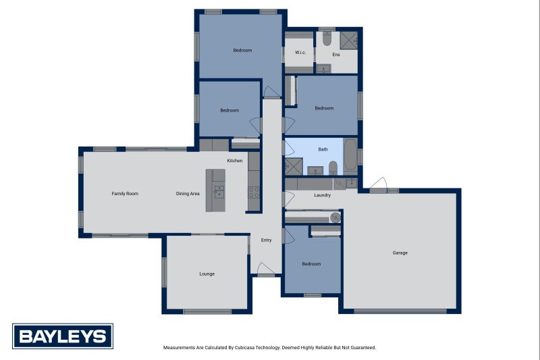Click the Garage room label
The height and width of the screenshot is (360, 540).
point(400,253)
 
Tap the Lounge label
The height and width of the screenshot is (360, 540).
point(207,274)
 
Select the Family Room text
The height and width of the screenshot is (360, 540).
point(125,194)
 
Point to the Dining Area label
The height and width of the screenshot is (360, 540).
point(188,194)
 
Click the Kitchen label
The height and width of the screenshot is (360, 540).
point(235,161)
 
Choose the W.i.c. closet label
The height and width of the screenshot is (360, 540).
point(300,53)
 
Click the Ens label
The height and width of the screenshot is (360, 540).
point(336,55)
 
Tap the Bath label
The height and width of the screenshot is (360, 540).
point(323,149)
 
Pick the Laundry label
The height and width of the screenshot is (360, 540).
point(323,195)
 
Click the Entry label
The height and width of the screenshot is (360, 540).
point(266,240)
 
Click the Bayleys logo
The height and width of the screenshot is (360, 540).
point(63,336)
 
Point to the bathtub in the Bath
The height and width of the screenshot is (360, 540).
point(350,155)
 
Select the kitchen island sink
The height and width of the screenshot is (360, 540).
point(219,192)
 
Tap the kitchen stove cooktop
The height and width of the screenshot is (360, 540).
point(254,193)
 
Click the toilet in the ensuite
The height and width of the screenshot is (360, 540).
point(327,38)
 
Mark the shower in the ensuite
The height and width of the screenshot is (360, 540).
point(348,41)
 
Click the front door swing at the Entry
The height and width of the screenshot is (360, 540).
point(265,268)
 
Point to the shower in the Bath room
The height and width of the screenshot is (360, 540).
point(294,167)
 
